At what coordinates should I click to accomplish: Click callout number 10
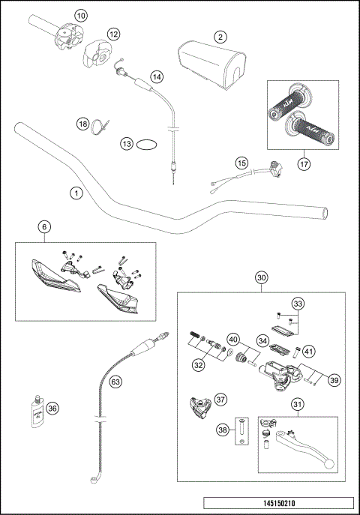click(81, 14)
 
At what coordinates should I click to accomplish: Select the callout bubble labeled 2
click(220, 36)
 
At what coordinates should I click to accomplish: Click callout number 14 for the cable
click(156, 76)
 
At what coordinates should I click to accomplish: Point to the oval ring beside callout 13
click(147, 142)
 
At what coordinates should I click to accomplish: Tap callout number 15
click(241, 162)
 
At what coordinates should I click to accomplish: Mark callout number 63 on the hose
click(115, 382)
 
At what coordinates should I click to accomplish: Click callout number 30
click(261, 277)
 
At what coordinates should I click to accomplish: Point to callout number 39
click(334, 381)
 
